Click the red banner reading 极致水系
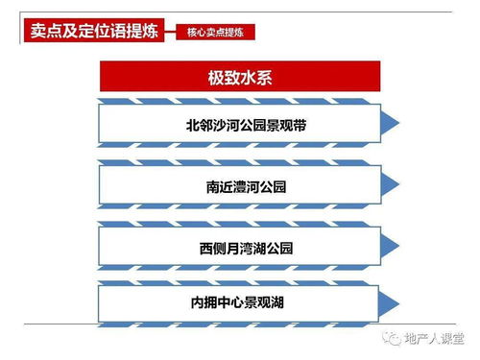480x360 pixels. pos(239,76)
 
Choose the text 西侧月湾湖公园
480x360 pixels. pos(246,248)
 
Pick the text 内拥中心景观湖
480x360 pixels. pos(246,303)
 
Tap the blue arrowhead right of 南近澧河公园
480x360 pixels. pos(389,183)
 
